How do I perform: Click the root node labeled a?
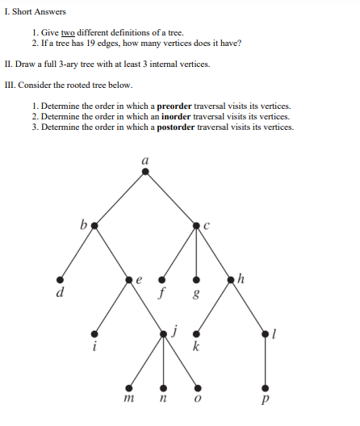point(145,171)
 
